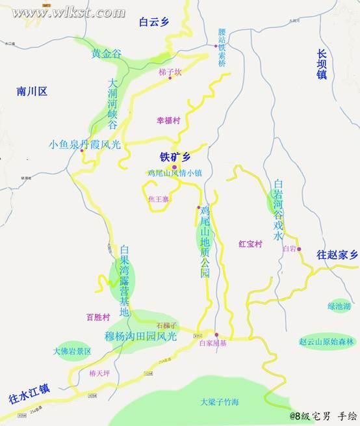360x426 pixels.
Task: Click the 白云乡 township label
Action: [153, 21]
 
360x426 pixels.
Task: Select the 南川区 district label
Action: [32, 91]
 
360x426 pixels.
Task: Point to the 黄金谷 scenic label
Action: [107, 54]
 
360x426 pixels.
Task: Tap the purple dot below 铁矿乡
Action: [174, 167]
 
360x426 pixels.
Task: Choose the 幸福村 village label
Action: [168, 120]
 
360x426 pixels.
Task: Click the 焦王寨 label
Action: [159, 198]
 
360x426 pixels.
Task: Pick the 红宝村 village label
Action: [250, 244]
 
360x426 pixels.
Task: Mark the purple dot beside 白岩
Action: [299, 248]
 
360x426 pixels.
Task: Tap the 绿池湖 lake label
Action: [339, 305]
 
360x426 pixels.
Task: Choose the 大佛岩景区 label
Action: [73, 351]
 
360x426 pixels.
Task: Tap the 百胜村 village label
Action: [99, 317]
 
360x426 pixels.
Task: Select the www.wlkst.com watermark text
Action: [68, 12]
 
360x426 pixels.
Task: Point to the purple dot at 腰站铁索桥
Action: [216, 46]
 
